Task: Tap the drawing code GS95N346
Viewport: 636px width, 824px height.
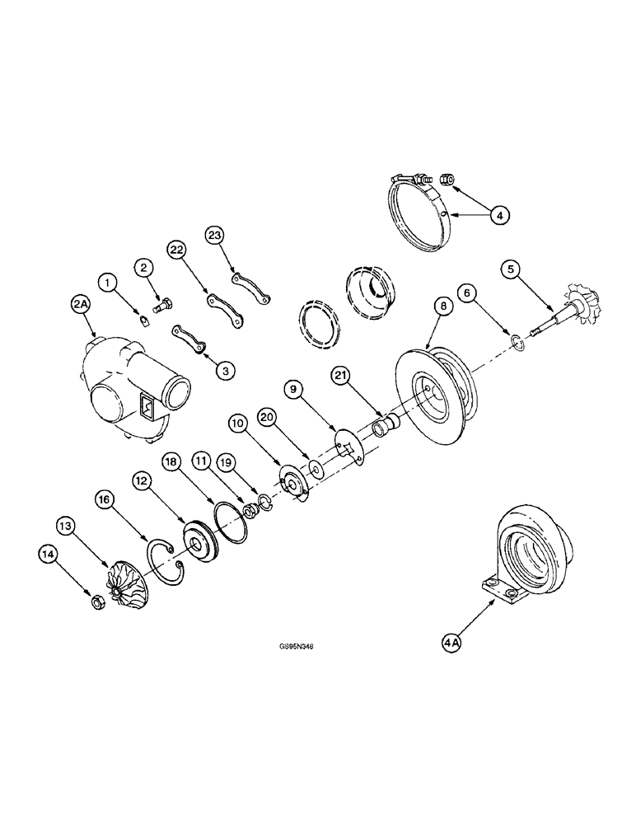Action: coord(297,647)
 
